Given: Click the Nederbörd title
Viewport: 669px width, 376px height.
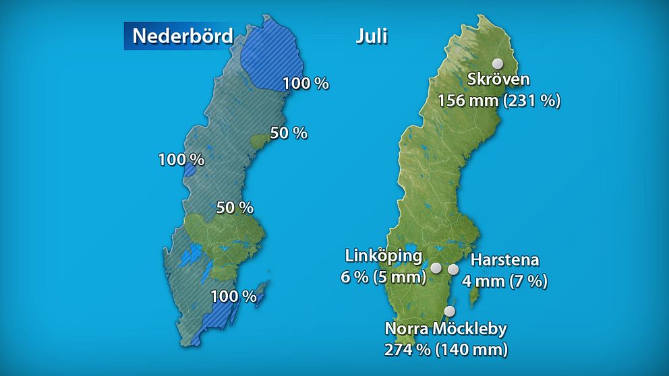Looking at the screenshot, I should point(182,36).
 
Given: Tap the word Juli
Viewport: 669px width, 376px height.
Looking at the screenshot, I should point(372,36).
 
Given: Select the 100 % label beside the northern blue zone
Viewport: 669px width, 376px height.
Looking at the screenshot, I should point(306,84).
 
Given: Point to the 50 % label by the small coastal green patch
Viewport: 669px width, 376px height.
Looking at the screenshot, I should point(289,133).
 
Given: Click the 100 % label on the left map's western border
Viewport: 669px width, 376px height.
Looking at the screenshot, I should point(181,160).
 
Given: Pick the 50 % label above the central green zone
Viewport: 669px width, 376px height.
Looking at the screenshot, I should point(235,208).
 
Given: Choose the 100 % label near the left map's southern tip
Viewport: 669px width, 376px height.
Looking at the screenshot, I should point(233,296).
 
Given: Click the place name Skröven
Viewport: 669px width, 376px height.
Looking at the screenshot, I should point(498,80).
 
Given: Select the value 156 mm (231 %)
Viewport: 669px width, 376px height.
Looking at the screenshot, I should point(499,101).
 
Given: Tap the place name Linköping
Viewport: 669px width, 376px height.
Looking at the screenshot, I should point(384,256).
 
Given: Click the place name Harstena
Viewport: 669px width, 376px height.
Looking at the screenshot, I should point(505,260).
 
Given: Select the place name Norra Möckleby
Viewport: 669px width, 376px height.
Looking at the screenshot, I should point(446,330).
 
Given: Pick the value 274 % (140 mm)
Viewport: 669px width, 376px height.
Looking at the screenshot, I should point(446,350).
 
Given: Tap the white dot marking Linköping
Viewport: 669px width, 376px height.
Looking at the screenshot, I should point(436,268).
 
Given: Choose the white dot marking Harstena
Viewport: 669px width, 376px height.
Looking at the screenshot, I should point(453,270).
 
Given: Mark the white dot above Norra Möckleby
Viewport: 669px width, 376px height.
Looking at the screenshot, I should point(450,311).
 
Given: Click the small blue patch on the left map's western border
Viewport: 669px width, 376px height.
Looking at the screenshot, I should point(190,169).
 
